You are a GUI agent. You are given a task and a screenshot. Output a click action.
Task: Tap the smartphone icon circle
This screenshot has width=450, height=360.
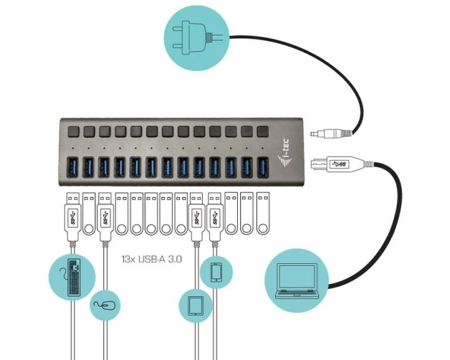pos(217,272)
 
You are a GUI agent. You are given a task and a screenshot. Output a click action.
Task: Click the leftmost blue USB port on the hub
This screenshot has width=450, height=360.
pos(71,167)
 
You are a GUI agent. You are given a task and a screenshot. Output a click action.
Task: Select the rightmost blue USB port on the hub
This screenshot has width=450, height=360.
pos(262,167)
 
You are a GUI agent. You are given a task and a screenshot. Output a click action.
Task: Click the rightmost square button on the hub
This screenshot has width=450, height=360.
pos(263,131)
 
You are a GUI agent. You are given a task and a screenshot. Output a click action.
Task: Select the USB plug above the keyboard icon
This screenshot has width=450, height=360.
pos(71,215)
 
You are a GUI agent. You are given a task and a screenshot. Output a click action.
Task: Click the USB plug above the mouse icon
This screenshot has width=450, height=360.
pos(104,215)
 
